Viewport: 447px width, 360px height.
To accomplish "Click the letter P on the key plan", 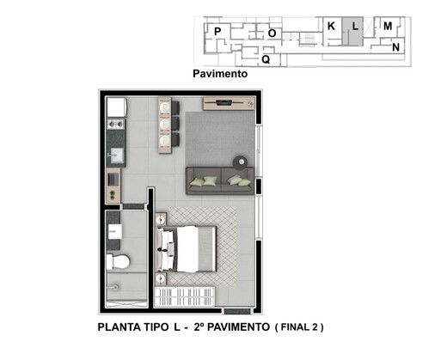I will coord(217,32).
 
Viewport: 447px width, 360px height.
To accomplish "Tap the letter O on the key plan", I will coord(272,33).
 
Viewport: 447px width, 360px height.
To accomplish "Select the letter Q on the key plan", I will coord(266,59).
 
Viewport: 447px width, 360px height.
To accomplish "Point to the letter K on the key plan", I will coord(331,26).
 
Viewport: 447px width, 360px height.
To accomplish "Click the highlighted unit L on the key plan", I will coord(355,27).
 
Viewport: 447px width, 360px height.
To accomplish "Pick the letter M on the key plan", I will coord(388,26).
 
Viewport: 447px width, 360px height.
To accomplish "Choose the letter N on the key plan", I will coord(395,47).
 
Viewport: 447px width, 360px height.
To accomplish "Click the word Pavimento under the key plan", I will coord(220,74).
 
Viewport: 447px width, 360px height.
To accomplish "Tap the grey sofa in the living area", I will coord(219,179).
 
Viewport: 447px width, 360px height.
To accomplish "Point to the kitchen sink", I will coord(114,156).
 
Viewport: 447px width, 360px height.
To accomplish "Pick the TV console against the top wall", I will coord(229,104).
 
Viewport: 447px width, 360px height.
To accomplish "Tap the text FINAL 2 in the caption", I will coord(300,327).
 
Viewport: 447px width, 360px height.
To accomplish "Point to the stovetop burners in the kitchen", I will coord(114,129).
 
